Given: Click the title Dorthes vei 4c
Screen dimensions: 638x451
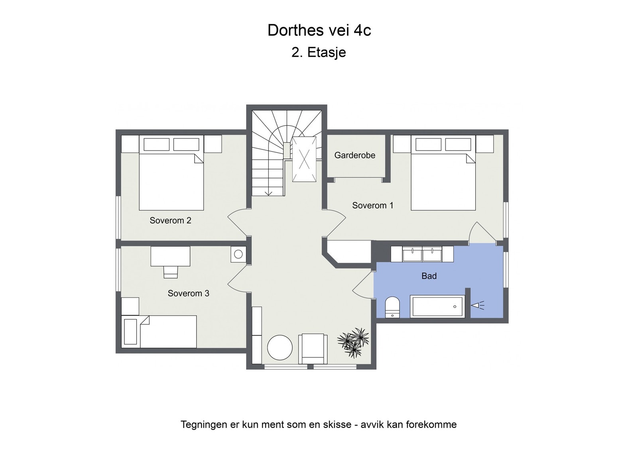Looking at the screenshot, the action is point(319,30).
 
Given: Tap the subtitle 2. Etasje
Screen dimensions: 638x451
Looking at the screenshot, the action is point(319,53).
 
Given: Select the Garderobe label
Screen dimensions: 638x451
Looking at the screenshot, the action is point(354,155).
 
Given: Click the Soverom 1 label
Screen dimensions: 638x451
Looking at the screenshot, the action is point(372,206).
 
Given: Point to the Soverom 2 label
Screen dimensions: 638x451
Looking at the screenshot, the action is point(170,220).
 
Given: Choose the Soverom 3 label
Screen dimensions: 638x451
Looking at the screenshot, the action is point(188,293).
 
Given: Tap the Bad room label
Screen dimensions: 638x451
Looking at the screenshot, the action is point(429,276).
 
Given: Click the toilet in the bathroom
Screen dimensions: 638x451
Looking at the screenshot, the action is point(392,307).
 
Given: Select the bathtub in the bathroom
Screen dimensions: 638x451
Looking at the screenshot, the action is point(437,307).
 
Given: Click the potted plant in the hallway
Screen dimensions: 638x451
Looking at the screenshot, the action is point(353,343).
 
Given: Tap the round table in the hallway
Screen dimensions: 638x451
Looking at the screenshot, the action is point(280,347).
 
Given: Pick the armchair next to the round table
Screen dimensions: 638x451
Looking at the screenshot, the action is point(313,349).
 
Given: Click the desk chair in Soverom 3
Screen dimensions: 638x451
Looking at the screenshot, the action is point(171,272).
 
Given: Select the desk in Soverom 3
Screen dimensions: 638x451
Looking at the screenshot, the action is point(170,256).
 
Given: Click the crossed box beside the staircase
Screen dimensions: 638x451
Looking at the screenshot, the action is point(304,159).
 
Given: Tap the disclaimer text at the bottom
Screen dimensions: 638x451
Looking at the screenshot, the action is point(319,425).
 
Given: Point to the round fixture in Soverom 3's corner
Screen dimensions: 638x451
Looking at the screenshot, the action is point(238,254).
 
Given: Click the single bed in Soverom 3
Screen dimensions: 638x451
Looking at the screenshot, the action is point(159,331).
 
